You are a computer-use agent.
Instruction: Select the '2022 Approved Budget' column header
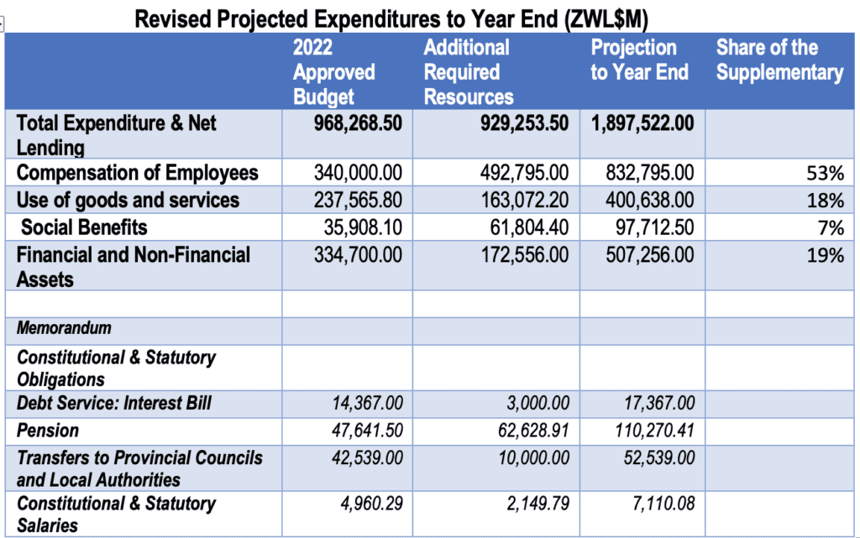(x=333, y=72)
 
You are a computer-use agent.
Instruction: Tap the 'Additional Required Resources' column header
(x=468, y=72)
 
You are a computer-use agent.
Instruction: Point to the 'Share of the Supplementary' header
(x=779, y=60)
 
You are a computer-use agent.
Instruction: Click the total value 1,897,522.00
(x=642, y=123)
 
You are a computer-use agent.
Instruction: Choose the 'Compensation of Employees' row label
(x=138, y=173)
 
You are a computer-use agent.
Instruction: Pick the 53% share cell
(x=826, y=175)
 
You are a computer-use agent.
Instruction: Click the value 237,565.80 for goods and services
(x=358, y=200)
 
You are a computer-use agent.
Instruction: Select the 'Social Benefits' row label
(x=84, y=227)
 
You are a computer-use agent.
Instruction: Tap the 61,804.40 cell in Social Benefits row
(x=529, y=227)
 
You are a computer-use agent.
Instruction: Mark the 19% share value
(x=826, y=254)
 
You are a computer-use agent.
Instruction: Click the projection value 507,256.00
(x=649, y=254)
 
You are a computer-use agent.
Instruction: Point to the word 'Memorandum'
(x=64, y=327)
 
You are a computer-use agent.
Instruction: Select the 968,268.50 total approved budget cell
(x=352, y=123)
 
